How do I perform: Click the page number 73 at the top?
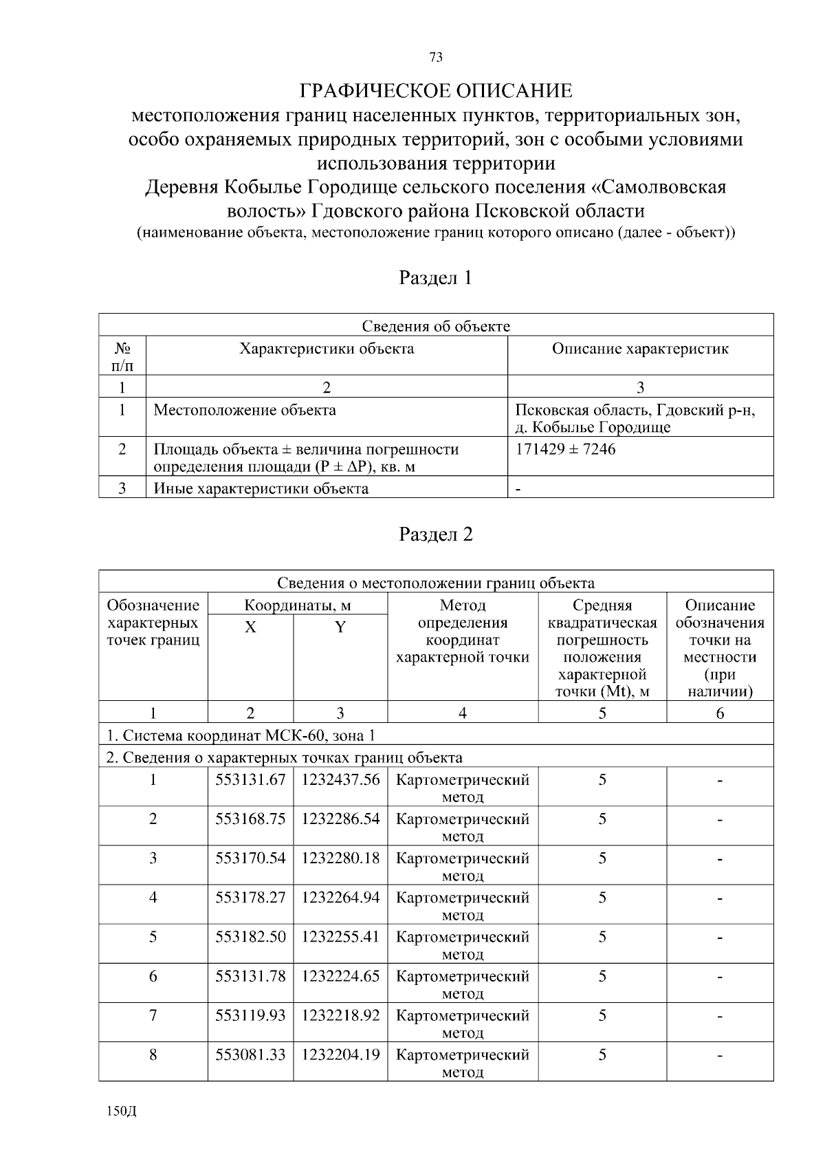[435, 57]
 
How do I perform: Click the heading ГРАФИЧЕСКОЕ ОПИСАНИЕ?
[435, 90]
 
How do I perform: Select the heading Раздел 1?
[435, 278]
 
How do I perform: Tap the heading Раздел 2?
[435, 534]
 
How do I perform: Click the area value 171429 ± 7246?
[565, 449]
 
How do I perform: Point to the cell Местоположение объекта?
[245, 411]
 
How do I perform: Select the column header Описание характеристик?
[640, 349]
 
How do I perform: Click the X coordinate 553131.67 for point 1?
[250, 779]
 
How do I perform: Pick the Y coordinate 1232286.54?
[340, 819]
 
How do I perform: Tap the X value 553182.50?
[250, 936]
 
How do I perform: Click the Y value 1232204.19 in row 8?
[340, 1054]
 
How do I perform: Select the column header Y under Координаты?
[340, 627]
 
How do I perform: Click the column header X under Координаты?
[250, 627]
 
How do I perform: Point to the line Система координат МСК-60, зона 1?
[241, 735]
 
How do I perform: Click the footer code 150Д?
[122, 1111]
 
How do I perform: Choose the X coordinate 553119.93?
[250, 1015]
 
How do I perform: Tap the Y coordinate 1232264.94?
[340, 897]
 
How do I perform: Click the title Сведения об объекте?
[436, 326]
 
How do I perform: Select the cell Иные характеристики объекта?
[261, 489]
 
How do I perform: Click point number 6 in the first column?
[153, 975]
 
